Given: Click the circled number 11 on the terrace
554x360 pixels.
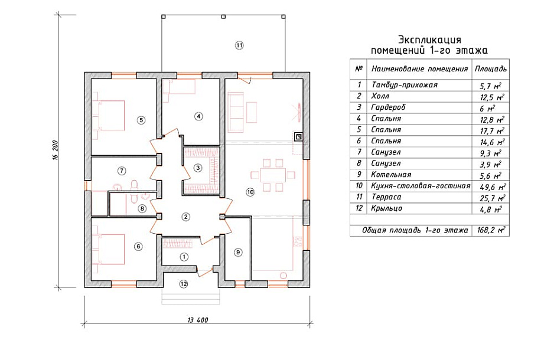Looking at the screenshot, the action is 239,45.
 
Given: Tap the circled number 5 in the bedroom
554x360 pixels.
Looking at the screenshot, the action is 141,120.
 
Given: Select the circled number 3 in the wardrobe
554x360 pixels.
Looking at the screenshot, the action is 198,168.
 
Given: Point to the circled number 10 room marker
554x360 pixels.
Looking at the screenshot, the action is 250,192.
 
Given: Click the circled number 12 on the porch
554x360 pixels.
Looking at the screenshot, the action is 183,283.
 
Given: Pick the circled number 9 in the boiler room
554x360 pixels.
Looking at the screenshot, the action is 238,252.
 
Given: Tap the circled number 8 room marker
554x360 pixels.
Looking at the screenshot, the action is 142,208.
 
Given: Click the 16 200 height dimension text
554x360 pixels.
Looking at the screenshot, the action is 55,150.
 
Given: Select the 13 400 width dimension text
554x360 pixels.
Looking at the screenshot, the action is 198,320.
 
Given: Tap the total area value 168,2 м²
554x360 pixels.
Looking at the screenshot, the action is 491,231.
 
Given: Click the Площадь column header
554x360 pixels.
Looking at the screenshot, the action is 491,69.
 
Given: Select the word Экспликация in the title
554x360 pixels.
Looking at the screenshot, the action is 429,39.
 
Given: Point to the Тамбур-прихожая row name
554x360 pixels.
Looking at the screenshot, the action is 405,85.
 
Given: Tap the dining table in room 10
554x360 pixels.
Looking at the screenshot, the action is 273,175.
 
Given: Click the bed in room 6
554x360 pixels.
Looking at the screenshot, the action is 109,249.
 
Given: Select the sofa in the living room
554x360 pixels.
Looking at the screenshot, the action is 236,112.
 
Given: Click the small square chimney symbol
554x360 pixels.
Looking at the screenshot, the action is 298,136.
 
